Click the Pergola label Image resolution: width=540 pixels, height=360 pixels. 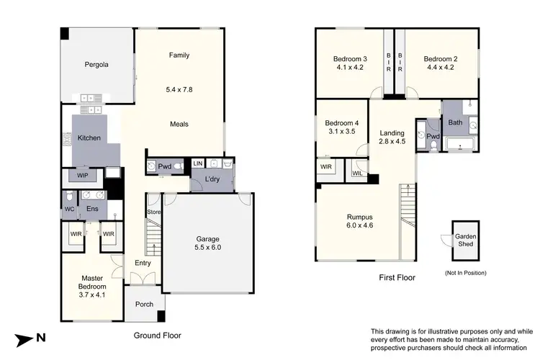[x=96, y=64]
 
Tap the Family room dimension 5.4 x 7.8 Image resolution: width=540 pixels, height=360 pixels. [x=179, y=90]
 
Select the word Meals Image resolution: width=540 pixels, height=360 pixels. [x=179, y=124]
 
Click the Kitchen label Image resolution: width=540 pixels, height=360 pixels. [x=89, y=138]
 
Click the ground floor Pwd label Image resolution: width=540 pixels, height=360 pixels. [x=165, y=166]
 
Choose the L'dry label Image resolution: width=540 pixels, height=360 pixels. [x=212, y=178]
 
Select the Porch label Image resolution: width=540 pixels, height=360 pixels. [x=144, y=304]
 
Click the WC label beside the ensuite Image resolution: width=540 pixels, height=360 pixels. [x=69, y=210]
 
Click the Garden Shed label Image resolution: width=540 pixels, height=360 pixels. [x=464, y=240]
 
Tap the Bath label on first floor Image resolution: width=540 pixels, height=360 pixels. [x=455, y=122]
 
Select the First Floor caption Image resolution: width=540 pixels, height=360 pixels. [x=397, y=276]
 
